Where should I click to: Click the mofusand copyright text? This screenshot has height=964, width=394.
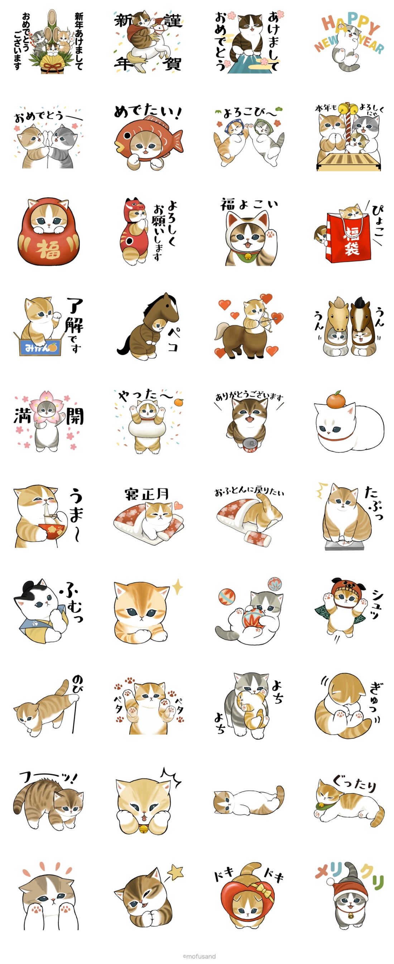pos(199,956)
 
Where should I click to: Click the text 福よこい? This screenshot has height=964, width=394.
pos(249,204)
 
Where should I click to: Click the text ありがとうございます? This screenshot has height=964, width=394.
pos(249,396)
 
